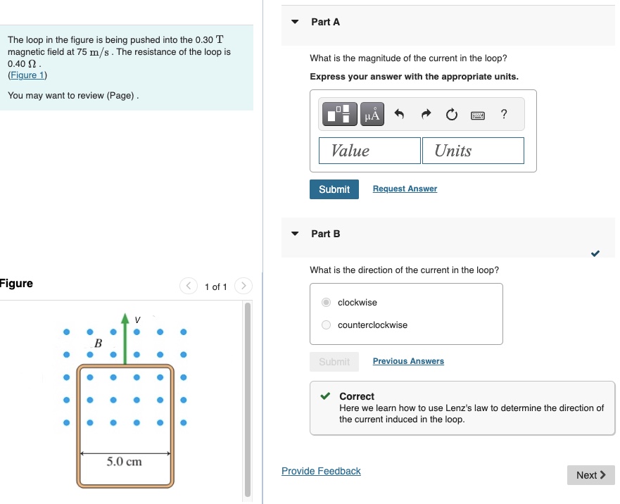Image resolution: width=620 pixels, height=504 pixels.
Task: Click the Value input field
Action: click(369, 151)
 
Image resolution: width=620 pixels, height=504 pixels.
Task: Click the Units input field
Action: click(473, 151)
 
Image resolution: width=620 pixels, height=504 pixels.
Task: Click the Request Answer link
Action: click(405, 189)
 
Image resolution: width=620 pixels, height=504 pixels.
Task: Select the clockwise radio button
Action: click(326, 303)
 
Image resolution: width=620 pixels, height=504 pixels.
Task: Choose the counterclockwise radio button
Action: click(326, 325)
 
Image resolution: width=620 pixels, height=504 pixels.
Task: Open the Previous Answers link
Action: click(408, 361)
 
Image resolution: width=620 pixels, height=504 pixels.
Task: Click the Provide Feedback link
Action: click(321, 471)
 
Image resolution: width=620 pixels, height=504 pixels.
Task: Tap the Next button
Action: click(590, 475)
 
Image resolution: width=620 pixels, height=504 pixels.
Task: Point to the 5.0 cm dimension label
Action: click(125, 462)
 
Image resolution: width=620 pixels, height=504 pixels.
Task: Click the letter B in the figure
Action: click(98, 344)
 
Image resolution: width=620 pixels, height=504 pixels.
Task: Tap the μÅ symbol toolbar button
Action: click(372, 115)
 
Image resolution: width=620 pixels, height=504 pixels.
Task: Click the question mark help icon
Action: click(504, 115)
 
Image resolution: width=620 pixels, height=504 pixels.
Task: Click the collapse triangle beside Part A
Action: click(295, 22)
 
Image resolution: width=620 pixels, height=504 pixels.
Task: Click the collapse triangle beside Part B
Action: click(295, 234)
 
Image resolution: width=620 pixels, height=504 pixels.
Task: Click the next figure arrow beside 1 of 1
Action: click(243, 286)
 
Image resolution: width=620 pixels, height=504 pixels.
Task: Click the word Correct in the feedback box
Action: click(357, 396)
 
